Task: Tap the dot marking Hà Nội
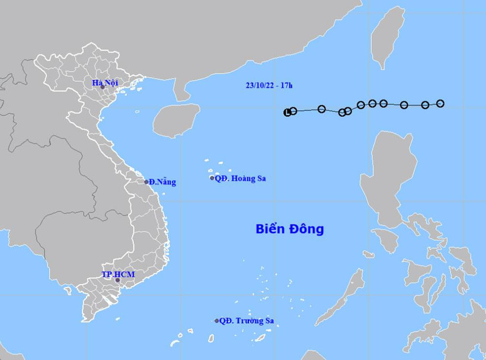[103, 87]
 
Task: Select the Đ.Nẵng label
[162, 182]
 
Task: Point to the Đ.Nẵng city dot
[147, 182]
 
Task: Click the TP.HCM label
[116, 274]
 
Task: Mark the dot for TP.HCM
[117, 280]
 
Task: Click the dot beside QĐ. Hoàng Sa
[213, 178]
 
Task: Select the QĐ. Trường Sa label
[247, 321]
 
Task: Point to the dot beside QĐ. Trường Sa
[217, 321]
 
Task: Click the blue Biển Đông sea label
[290, 229]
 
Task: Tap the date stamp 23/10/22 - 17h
[269, 85]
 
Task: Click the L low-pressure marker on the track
[288, 112]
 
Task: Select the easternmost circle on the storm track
[440, 103]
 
